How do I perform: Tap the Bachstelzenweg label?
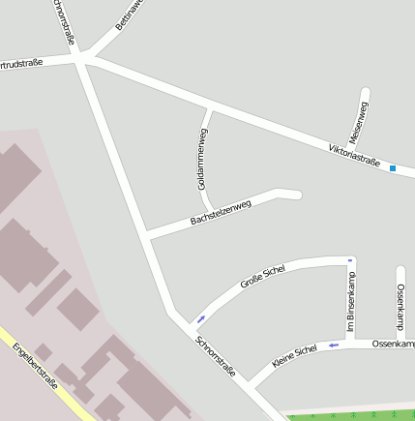(221, 213)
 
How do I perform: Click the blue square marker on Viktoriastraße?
(393, 169)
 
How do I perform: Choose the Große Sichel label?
(262, 278)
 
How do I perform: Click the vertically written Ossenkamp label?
(400, 308)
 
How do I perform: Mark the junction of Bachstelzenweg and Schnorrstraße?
(146, 234)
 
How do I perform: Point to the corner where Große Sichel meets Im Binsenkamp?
(350, 262)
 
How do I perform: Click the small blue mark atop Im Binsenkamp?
(350, 258)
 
